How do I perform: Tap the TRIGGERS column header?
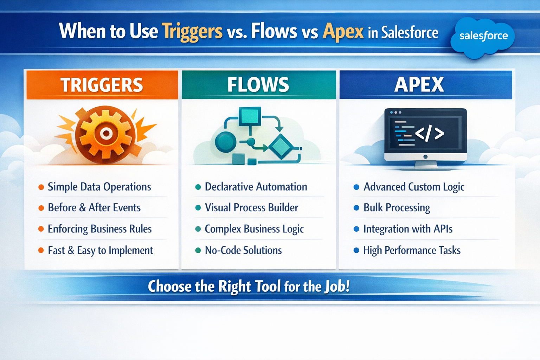(x=102, y=85)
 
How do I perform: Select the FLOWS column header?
(x=258, y=85)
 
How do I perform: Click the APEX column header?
(x=419, y=85)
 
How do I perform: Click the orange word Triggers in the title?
(x=192, y=31)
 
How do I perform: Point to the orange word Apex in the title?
(x=343, y=31)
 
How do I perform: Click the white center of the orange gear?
(x=106, y=133)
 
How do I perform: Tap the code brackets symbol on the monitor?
(x=430, y=134)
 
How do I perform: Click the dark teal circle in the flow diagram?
(x=225, y=142)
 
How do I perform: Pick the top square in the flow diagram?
(x=250, y=116)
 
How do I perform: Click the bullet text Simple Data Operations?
(x=99, y=187)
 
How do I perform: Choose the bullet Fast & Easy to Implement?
(x=100, y=250)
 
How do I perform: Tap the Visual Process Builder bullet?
(x=251, y=207)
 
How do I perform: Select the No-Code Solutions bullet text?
(x=243, y=250)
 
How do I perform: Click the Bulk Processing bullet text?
(x=397, y=207)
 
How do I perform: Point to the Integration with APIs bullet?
(x=408, y=229)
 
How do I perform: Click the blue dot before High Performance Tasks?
(x=356, y=250)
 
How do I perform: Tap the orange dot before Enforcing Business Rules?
(x=41, y=229)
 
